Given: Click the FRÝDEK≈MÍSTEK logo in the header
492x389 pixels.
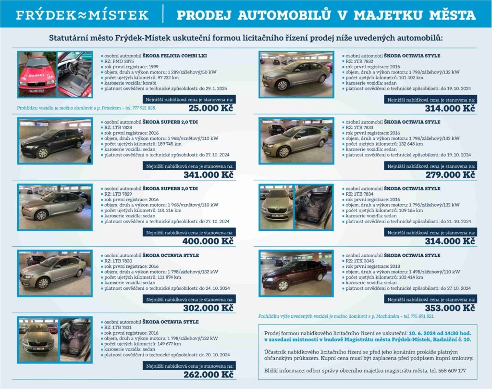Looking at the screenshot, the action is pos(82,15).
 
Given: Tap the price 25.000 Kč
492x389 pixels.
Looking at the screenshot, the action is pos(211,108).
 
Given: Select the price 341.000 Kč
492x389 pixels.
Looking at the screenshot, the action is pos(209,175).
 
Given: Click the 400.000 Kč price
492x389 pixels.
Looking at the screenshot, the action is pos(208,241).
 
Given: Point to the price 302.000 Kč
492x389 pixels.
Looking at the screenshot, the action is pos(209,308).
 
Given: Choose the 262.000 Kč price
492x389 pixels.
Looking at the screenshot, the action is pos(209,375).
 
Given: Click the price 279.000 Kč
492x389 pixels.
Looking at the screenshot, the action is pos(450,175).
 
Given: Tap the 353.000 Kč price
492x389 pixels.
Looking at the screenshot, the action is pos(450,308).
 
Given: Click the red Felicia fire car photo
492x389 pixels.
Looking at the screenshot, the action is pos(37,75).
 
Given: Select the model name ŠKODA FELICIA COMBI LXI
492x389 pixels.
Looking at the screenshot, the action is pos(175,56).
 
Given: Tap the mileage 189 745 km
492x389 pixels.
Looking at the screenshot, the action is pos(170,144).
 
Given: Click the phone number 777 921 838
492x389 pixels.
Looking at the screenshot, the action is pos(144,108).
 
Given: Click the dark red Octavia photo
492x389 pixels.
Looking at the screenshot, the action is pos(296,274).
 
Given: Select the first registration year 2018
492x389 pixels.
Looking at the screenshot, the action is pos(395,266).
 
